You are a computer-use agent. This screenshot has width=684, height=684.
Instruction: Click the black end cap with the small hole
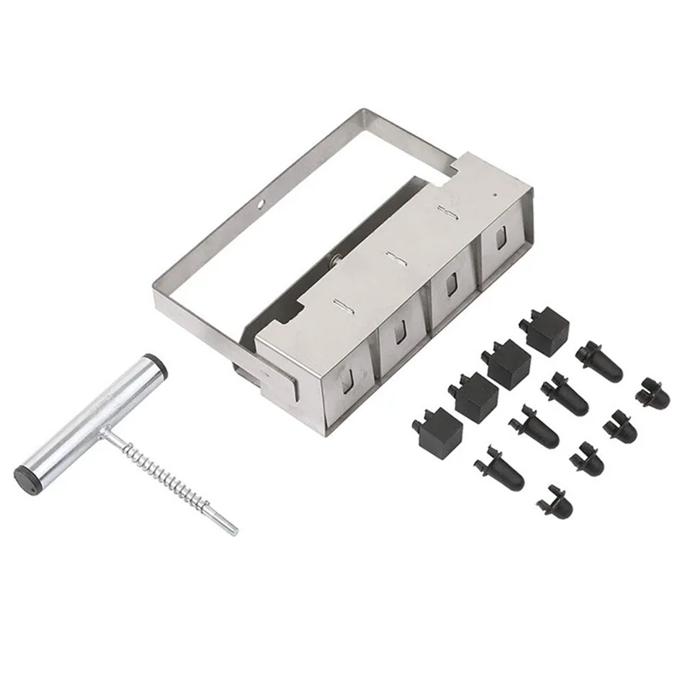32,477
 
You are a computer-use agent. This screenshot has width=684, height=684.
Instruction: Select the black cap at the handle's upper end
156,363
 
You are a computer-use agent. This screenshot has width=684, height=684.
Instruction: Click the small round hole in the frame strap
262,204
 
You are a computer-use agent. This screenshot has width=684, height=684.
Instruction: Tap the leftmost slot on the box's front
345,377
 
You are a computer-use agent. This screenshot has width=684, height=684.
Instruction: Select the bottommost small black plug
555,502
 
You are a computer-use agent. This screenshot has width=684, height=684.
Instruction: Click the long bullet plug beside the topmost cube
598,361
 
